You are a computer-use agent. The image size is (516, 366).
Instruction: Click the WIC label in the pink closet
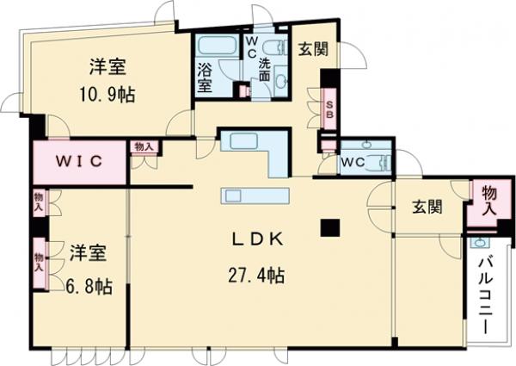[80, 161]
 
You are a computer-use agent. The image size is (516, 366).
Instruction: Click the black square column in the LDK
[331, 227]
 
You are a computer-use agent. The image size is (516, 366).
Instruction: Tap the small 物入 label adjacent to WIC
[144, 147]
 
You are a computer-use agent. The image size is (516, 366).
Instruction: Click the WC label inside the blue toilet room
[353, 161]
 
